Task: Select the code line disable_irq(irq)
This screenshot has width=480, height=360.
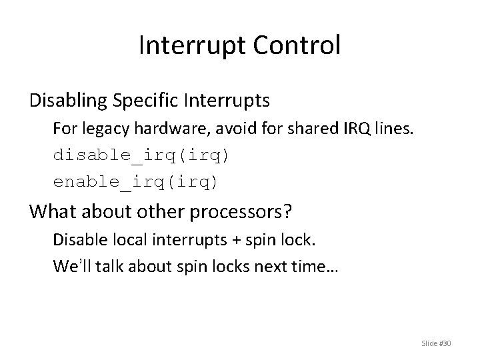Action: click(x=141, y=155)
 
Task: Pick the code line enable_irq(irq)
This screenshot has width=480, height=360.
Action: click(x=136, y=181)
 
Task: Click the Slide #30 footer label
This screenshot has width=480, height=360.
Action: click(x=437, y=343)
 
